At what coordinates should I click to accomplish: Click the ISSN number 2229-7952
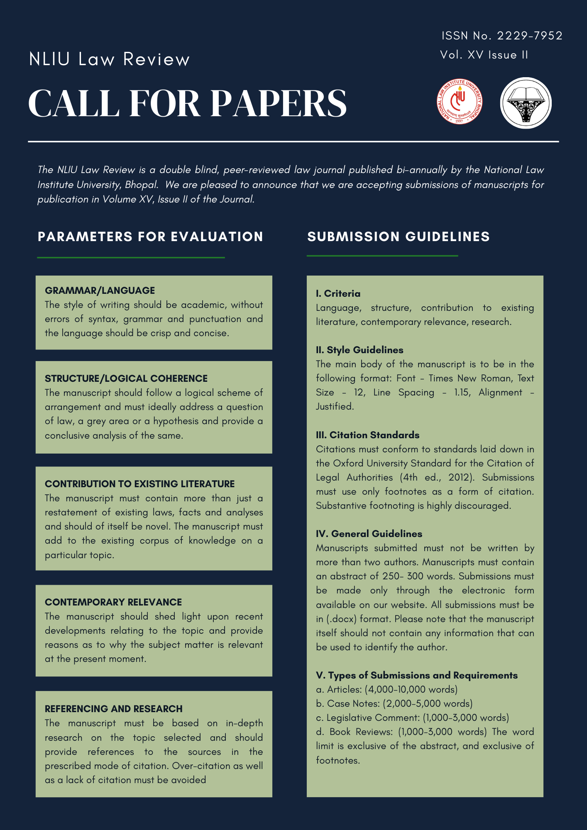(x=530, y=36)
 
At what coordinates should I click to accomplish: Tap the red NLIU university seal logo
(x=459, y=102)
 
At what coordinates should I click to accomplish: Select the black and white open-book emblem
(x=526, y=103)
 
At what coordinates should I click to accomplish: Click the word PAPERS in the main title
(x=279, y=103)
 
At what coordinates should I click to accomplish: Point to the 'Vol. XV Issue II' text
(x=484, y=55)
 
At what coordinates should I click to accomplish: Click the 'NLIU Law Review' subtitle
(x=109, y=59)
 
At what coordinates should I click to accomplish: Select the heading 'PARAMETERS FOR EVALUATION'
(x=150, y=237)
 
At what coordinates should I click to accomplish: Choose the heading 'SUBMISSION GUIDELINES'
(x=399, y=237)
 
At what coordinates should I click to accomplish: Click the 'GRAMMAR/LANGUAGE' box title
(x=100, y=290)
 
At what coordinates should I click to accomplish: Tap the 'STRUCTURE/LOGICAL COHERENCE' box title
(x=126, y=378)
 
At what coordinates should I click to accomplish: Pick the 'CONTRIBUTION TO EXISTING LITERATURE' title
(x=140, y=484)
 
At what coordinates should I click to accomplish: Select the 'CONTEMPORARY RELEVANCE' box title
(x=113, y=602)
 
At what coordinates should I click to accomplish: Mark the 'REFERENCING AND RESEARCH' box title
(x=114, y=709)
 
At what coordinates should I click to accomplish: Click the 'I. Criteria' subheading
(x=338, y=294)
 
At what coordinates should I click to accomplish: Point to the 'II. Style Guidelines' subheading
(x=360, y=350)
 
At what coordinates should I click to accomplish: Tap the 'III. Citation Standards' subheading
(x=367, y=435)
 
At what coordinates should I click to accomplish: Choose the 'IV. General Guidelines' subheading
(x=369, y=534)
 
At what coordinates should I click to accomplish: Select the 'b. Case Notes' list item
(x=394, y=703)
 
